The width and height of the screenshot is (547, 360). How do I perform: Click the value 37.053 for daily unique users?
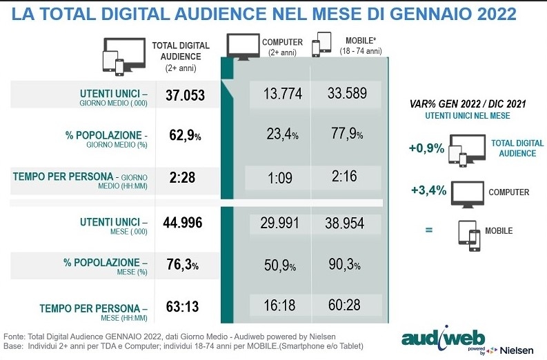185,95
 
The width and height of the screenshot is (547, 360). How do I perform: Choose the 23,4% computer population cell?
282,134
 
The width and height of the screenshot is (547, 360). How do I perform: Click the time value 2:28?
182,177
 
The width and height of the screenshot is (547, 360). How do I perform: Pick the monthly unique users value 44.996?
185,222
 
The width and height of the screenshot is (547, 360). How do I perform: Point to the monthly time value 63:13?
183,308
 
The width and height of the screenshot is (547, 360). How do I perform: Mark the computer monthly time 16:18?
279,304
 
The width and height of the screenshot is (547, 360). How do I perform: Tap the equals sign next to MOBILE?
428,230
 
